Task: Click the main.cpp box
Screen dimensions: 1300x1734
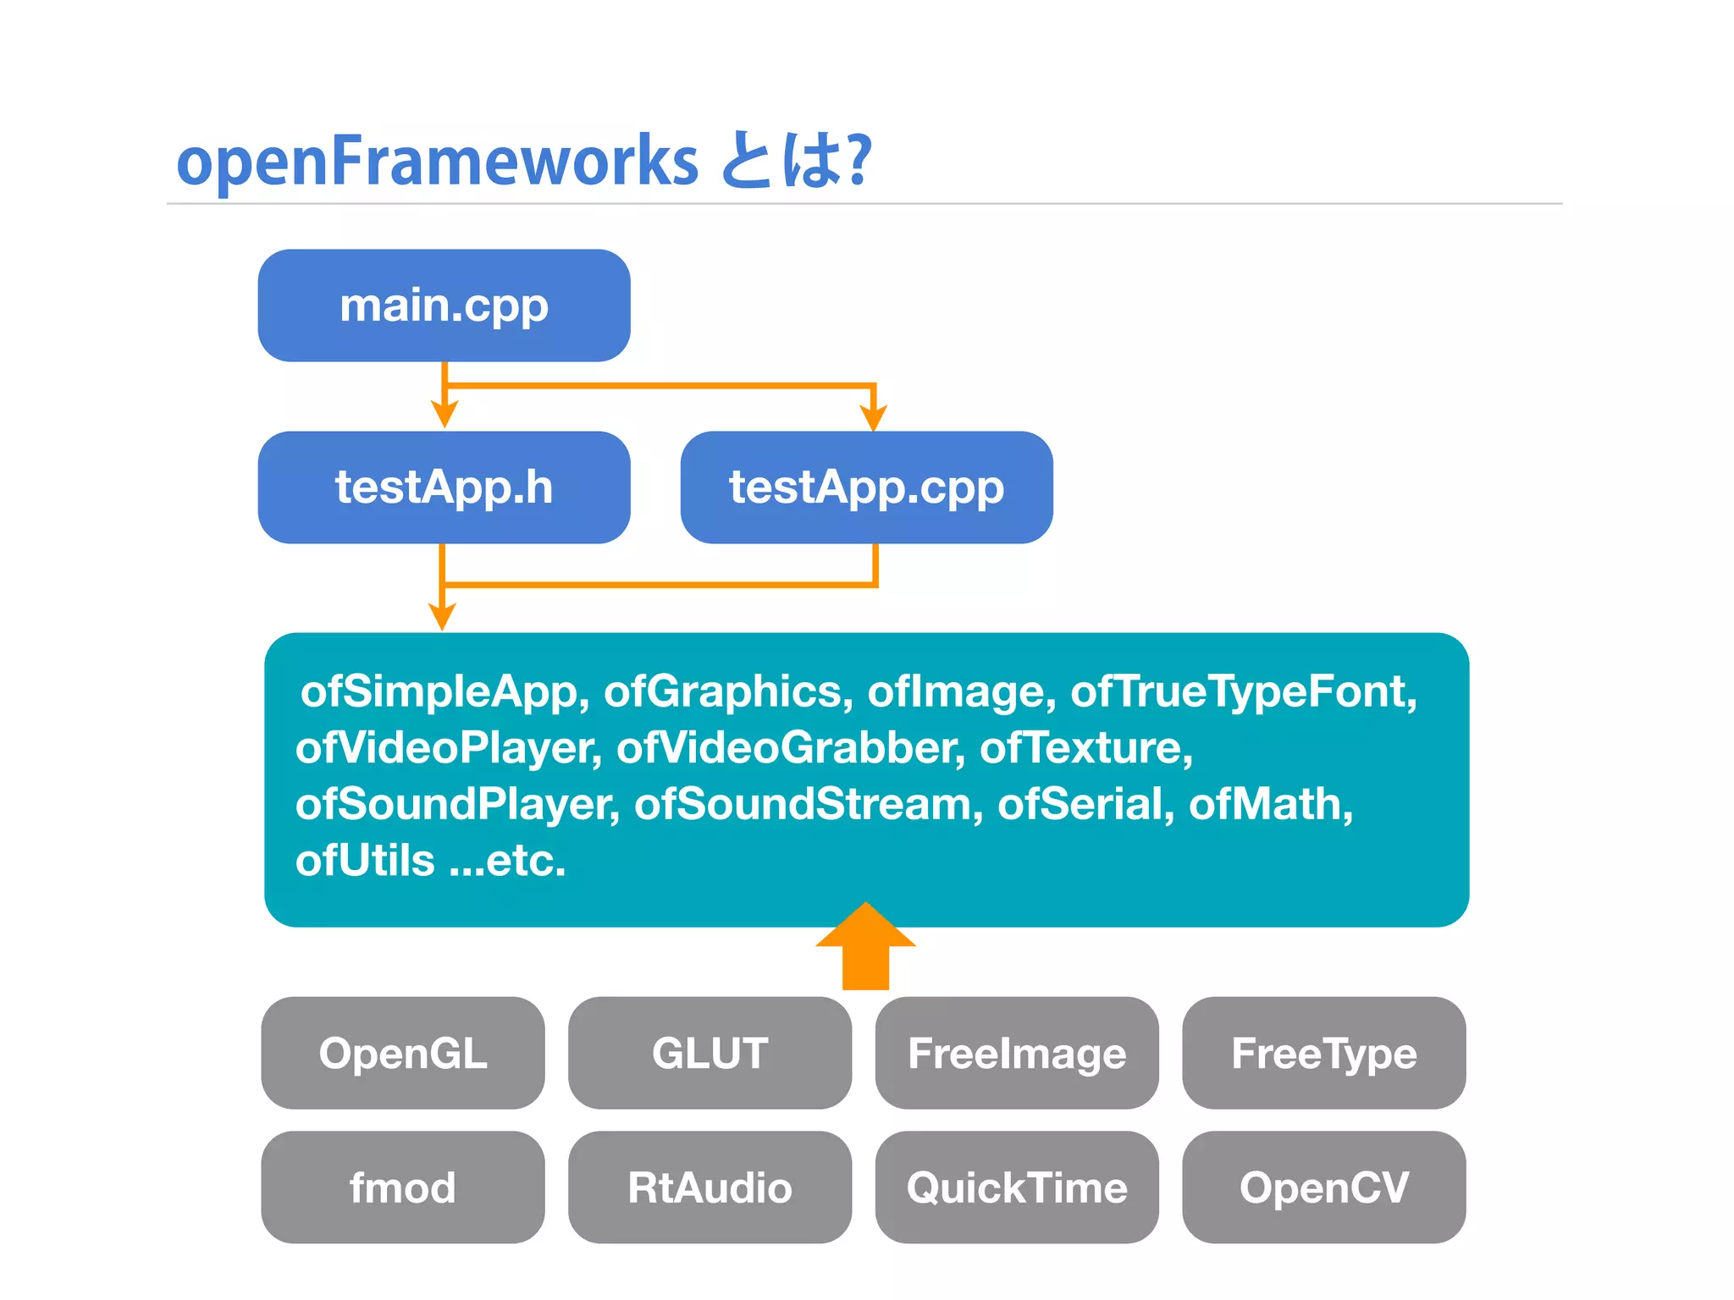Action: (444, 306)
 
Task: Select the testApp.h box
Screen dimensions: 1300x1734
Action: (444, 487)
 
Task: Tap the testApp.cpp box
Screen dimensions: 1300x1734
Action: (866, 487)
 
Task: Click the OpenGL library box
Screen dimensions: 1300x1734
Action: (403, 1053)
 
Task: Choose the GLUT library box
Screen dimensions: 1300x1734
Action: (710, 1053)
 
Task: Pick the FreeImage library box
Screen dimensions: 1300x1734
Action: (1017, 1053)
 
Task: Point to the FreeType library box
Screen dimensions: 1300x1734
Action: (1323, 1053)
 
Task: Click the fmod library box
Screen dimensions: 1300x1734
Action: (403, 1187)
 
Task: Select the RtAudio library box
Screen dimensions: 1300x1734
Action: (710, 1187)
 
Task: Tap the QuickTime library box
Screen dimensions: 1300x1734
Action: (1017, 1187)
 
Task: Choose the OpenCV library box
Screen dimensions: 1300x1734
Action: (1323, 1187)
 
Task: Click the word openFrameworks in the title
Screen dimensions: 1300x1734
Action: (437, 161)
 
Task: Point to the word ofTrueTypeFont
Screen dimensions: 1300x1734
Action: (1243, 691)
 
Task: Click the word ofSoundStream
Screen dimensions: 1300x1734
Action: (808, 804)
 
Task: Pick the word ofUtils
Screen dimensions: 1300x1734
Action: (365, 861)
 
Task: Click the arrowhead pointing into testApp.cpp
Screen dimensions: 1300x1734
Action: (873, 418)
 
